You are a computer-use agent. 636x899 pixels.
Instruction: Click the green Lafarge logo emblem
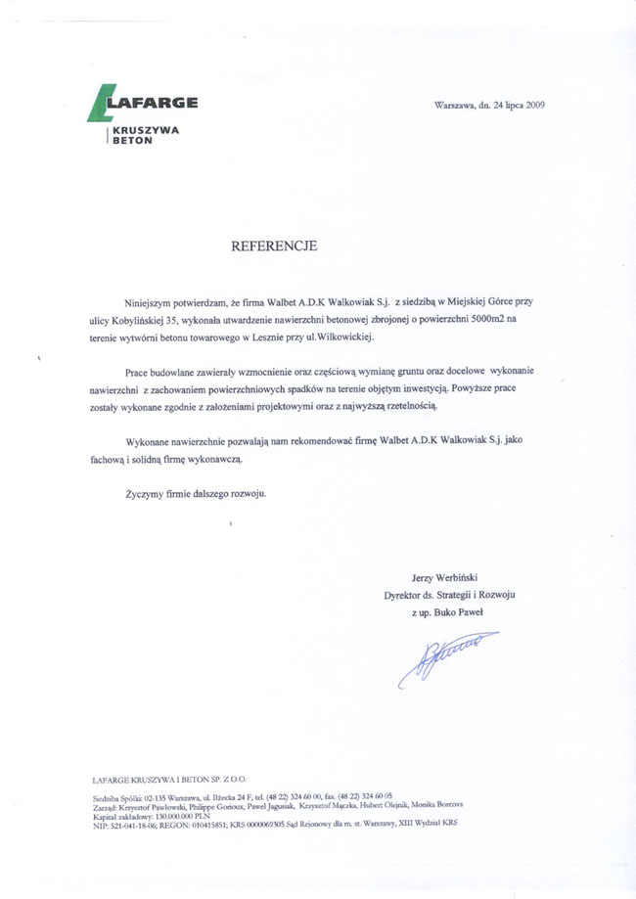[101, 104]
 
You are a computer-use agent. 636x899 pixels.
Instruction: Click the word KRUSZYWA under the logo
[144, 130]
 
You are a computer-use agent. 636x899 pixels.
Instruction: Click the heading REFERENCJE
[274, 247]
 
